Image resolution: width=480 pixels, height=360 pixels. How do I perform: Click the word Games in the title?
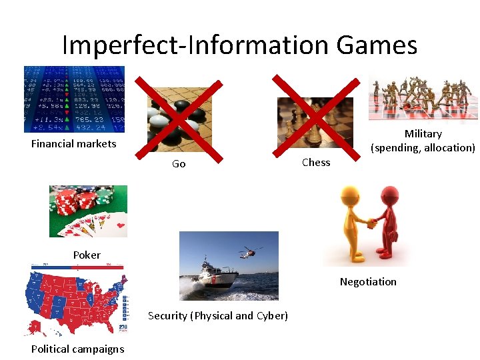pos(377,45)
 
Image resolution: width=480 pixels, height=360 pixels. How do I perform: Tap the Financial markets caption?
pos(74,143)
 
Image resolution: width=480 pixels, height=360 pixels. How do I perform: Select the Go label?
pos(179,164)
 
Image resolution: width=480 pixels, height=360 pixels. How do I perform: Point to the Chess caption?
pos(316,162)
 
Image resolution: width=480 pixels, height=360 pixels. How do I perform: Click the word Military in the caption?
pos(423,134)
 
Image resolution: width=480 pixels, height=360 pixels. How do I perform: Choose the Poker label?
pos(87,255)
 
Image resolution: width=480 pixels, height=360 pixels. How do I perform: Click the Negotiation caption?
pos(368,282)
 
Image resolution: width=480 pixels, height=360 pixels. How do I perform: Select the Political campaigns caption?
pos(77,349)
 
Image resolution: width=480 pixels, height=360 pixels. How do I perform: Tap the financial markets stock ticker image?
pos(74,99)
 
